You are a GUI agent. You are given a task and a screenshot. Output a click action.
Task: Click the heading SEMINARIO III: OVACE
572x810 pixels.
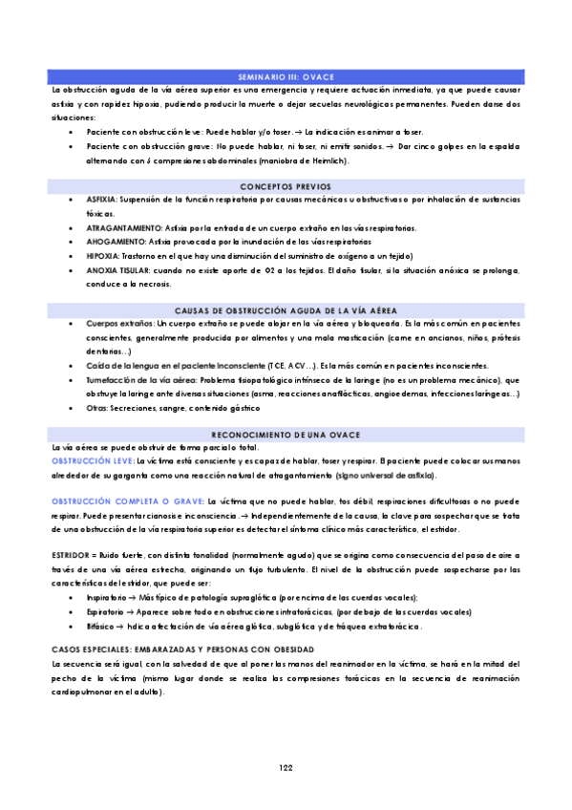coord(286,75)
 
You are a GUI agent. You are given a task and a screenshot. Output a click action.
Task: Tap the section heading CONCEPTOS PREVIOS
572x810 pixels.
coord(286,186)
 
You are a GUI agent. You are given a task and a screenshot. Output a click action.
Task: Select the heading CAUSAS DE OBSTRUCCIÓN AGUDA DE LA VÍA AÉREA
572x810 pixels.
coord(286,311)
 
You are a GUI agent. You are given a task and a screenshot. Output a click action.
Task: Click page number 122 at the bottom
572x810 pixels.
coord(286,768)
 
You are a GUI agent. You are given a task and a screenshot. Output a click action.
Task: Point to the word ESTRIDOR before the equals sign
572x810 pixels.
coord(72,554)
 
